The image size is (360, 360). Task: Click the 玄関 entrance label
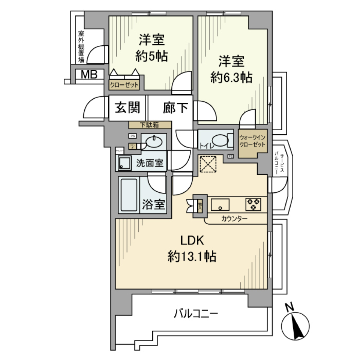(127, 108)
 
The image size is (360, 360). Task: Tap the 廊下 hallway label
(175, 108)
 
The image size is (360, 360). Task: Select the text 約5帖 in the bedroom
(151, 57)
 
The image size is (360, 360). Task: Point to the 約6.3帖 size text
(231, 77)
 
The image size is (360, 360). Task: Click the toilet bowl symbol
(222, 140)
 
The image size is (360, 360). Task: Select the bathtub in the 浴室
(129, 195)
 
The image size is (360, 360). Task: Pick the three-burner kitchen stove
(253, 204)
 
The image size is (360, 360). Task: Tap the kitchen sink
(220, 205)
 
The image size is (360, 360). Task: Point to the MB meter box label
(89, 74)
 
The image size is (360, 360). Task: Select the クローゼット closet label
(124, 85)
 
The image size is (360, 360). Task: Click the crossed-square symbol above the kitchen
(207, 164)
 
